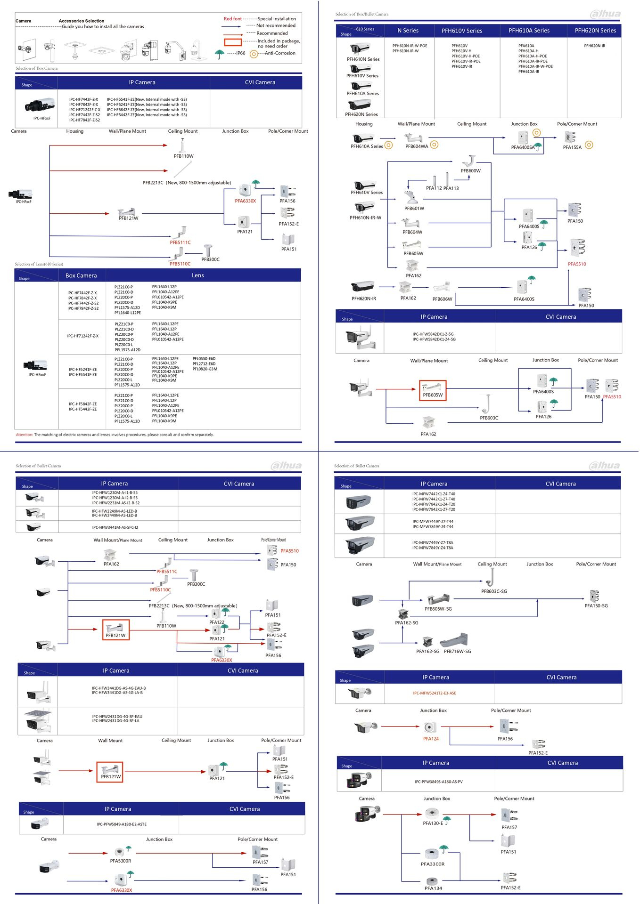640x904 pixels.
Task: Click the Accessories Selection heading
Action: point(81,21)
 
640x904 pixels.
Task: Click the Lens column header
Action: point(198,275)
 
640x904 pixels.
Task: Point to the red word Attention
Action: point(24,435)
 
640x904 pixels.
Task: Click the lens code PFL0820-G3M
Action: point(205,369)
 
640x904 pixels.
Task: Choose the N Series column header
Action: point(408,31)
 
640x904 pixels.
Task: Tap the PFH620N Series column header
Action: point(595,31)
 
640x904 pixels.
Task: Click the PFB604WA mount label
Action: point(417,146)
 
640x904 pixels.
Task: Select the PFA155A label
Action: point(572,147)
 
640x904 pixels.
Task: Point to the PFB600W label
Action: point(470,171)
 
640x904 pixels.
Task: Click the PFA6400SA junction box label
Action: point(523,147)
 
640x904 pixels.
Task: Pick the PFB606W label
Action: point(442,299)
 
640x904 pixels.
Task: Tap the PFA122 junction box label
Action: point(217,622)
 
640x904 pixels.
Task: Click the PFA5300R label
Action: point(121,861)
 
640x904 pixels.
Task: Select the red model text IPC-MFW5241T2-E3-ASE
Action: point(434,693)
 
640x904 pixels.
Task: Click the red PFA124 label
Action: point(431,739)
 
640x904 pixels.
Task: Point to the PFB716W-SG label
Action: point(457,652)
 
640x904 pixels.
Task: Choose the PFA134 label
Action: point(433,888)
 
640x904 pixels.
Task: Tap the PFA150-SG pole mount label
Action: point(596,606)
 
